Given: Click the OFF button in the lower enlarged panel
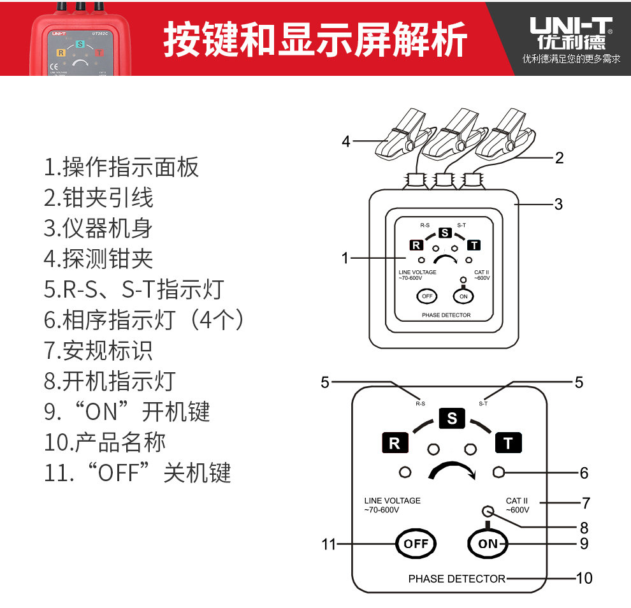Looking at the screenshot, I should pyautogui.click(x=416, y=544).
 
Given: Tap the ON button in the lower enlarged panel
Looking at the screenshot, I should pyautogui.click(x=488, y=544).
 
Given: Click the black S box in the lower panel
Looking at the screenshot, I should pyautogui.click(x=452, y=419).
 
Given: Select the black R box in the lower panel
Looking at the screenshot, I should pyautogui.click(x=395, y=443).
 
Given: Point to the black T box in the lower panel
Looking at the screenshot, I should pyautogui.click(x=508, y=443).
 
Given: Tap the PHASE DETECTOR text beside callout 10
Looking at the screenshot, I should pyautogui.click(x=456, y=579).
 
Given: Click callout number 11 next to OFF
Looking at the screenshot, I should pyautogui.click(x=328, y=545).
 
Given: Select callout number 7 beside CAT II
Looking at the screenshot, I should pyautogui.click(x=586, y=503).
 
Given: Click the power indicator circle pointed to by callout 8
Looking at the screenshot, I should pyautogui.click(x=488, y=511).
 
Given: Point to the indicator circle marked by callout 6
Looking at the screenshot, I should pyautogui.click(x=498, y=472).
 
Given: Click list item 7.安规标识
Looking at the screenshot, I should pyautogui.click(x=99, y=351).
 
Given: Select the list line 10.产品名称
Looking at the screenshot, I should pyautogui.click(x=105, y=442).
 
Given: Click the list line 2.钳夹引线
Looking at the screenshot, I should pyautogui.click(x=99, y=198).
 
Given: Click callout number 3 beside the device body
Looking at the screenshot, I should pyautogui.click(x=558, y=205).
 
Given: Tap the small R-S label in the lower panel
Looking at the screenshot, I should pyautogui.click(x=420, y=403).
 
